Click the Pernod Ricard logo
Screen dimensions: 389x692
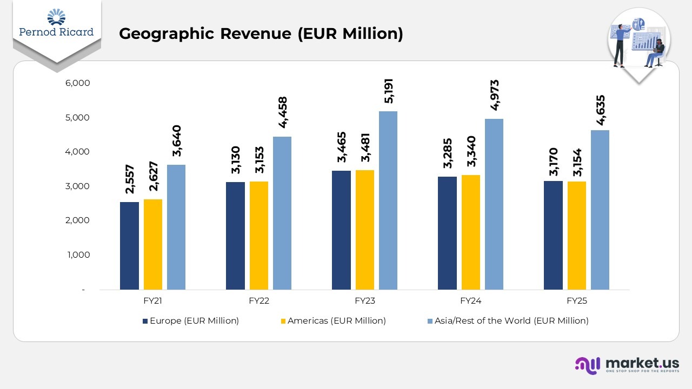point(56,25)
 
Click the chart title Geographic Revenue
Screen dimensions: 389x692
point(261,33)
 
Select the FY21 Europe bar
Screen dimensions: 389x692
point(129,246)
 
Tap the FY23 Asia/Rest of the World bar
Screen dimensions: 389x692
point(388,200)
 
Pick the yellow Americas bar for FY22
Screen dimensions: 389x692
point(259,236)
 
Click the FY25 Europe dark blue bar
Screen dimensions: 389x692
point(553,235)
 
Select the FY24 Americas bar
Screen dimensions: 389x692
point(471,232)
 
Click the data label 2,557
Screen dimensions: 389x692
point(130,179)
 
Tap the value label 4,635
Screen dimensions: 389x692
point(600,110)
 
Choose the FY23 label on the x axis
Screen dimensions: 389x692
point(364,301)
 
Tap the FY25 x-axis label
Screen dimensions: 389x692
point(576,301)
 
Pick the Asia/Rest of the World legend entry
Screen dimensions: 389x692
point(508,321)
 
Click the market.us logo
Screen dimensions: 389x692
point(627,365)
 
